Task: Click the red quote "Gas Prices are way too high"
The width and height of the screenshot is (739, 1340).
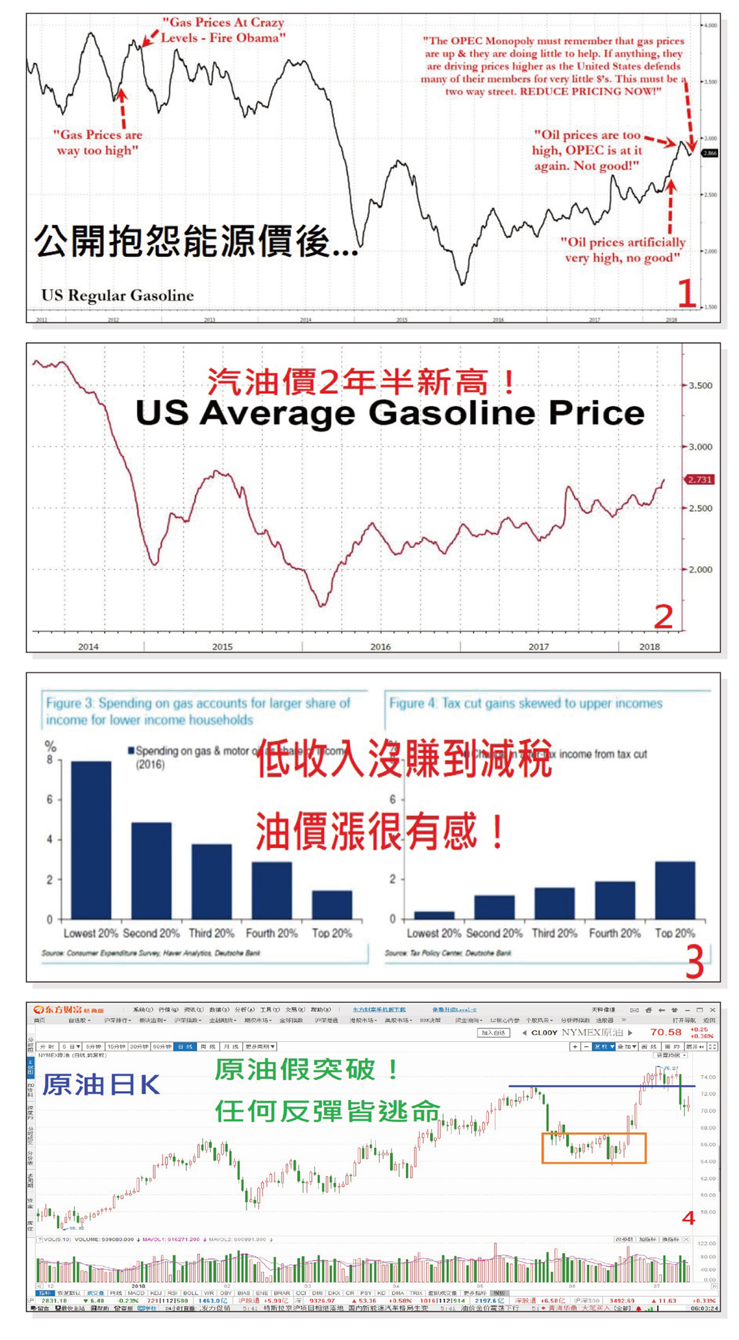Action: pyautogui.click(x=97, y=142)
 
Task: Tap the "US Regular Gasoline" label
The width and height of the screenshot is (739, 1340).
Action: pyautogui.click(x=118, y=296)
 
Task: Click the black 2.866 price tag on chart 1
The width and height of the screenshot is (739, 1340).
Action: pyautogui.click(x=709, y=153)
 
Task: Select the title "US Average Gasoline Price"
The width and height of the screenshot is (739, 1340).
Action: pyautogui.click(x=389, y=413)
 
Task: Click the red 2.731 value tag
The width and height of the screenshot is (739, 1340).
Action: pyautogui.click(x=700, y=479)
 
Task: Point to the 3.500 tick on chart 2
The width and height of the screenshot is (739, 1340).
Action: pyautogui.click(x=700, y=386)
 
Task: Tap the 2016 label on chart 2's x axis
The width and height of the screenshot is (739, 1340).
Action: pyautogui.click(x=380, y=646)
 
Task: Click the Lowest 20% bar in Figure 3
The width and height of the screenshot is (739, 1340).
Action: pyautogui.click(x=91, y=840)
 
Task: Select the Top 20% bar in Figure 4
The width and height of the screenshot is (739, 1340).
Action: pyautogui.click(x=674, y=890)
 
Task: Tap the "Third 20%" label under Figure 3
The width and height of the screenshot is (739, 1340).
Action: pyautogui.click(x=211, y=933)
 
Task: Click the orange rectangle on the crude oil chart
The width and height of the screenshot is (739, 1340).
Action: pyautogui.click(x=594, y=1148)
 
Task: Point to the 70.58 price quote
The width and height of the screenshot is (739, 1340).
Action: pyautogui.click(x=666, y=1032)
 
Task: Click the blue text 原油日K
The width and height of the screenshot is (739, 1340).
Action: pyautogui.click(x=100, y=1085)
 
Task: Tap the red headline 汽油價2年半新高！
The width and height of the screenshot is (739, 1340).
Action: pyautogui.click(x=361, y=382)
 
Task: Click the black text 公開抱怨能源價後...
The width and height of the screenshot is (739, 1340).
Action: pyautogui.click(x=195, y=241)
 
